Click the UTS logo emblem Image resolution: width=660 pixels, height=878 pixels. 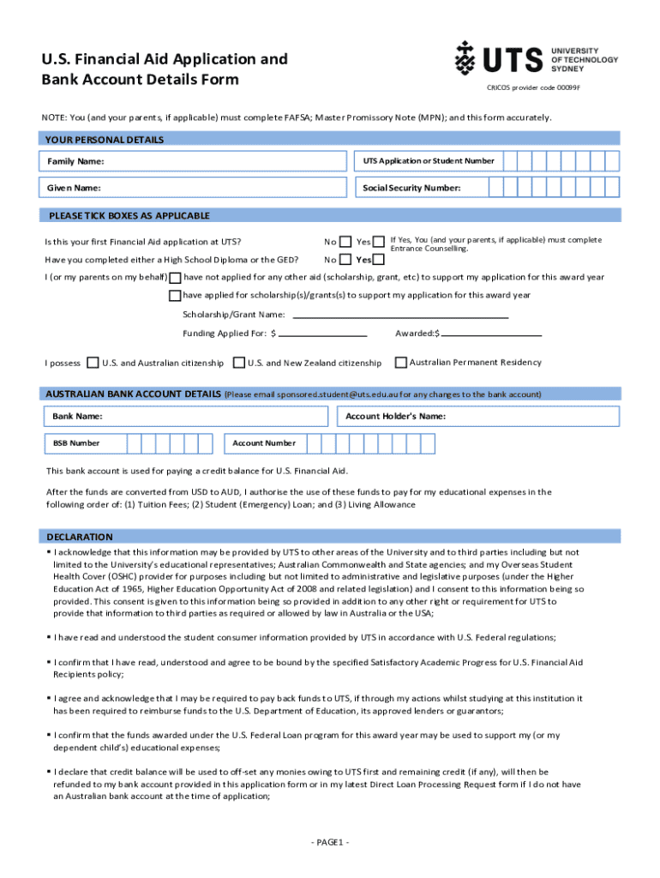pos(465,58)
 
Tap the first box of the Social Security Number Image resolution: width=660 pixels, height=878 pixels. pos(510,188)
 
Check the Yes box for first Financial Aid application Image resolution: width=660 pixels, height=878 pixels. pos(379,242)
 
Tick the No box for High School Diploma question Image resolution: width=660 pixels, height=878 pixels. pos(345,260)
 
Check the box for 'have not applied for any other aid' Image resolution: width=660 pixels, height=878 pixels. pos(175,278)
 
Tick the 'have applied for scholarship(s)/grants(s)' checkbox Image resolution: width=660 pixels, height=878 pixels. pos(175,296)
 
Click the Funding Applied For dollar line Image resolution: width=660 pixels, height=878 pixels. pos(322,333)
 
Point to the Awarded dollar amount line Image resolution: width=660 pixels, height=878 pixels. pos(490,333)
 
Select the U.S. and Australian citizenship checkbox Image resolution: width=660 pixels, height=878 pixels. pos(93,363)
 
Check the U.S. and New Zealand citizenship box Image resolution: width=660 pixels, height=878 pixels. pos(239,363)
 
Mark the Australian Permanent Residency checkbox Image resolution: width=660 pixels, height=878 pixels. pos(400,362)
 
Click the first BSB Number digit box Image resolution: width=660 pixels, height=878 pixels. pos(134,443)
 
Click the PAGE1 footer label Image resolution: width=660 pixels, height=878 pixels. pos(330,843)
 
